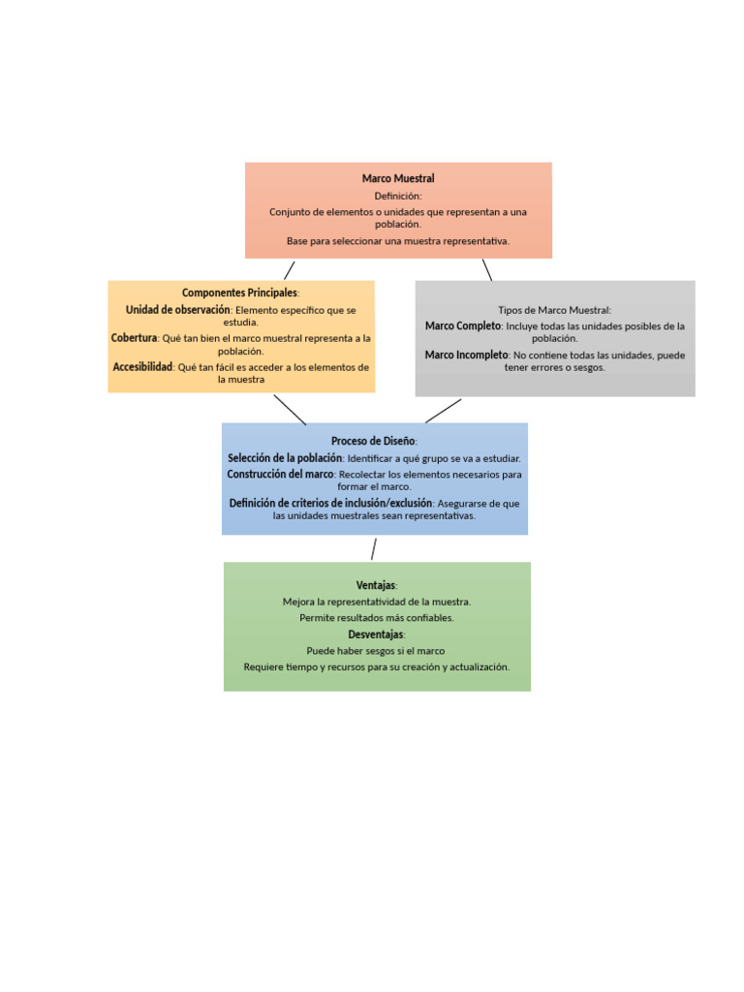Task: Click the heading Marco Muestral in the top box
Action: click(398, 178)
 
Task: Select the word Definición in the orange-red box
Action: click(398, 196)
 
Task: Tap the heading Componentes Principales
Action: click(240, 293)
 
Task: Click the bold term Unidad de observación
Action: click(178, 310)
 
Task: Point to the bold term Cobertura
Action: click(134, 338)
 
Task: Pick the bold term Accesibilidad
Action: click(142, 367)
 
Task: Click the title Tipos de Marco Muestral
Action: click(554, 310)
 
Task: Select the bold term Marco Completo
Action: click(463, 326)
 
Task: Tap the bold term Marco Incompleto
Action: click(467, 356)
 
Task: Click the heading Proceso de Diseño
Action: click(374, 441)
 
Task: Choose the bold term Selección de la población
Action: click(285, 458)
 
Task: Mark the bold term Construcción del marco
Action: click(281, 475)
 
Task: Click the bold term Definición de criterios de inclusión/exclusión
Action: click(330, 504)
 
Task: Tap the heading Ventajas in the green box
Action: click(376, 585)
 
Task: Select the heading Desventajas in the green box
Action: click(376, 635)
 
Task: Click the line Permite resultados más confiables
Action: click(376, 617)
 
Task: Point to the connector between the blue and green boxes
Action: click(373, 549)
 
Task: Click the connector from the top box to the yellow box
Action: click(290, 269)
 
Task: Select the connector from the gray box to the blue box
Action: click(443, 411)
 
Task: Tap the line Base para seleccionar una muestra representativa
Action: click(398, 240)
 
